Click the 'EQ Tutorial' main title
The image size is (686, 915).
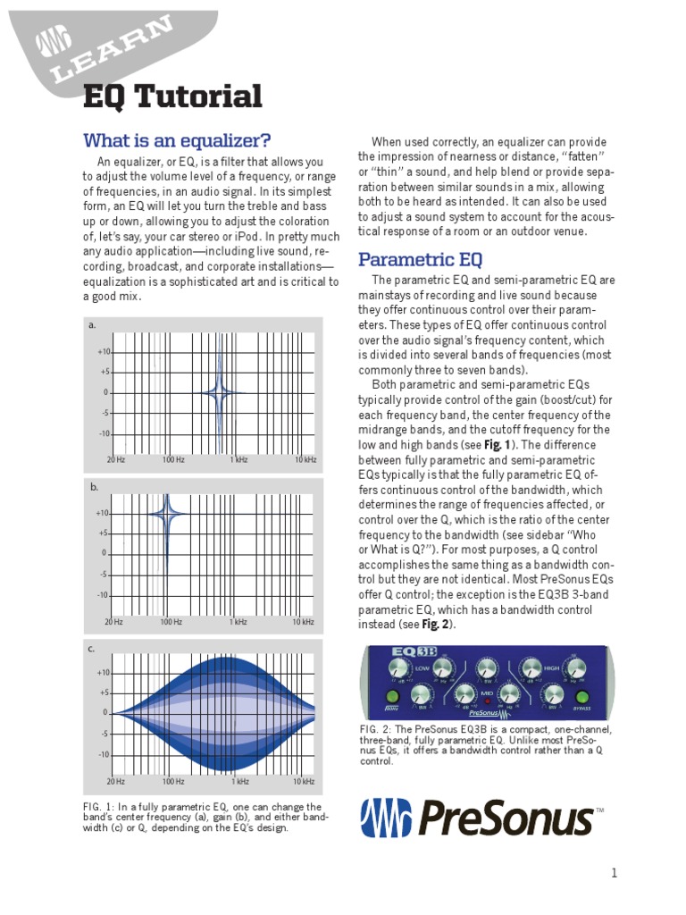(172, 97)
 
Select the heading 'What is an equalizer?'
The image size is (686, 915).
(176, 140)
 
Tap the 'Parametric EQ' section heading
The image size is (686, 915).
(420, 259)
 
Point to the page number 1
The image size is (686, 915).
(614, 873)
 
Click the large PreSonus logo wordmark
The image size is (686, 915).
(478, 817)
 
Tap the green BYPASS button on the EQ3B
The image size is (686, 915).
(583, 698)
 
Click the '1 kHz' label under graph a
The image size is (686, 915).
(238, 459)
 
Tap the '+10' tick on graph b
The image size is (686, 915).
(102, 513)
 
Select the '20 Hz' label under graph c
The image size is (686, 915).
(116, 782)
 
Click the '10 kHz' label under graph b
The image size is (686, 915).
(305, 621)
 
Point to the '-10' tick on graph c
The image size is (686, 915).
(104, 755)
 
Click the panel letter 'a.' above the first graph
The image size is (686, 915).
(92, 325)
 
